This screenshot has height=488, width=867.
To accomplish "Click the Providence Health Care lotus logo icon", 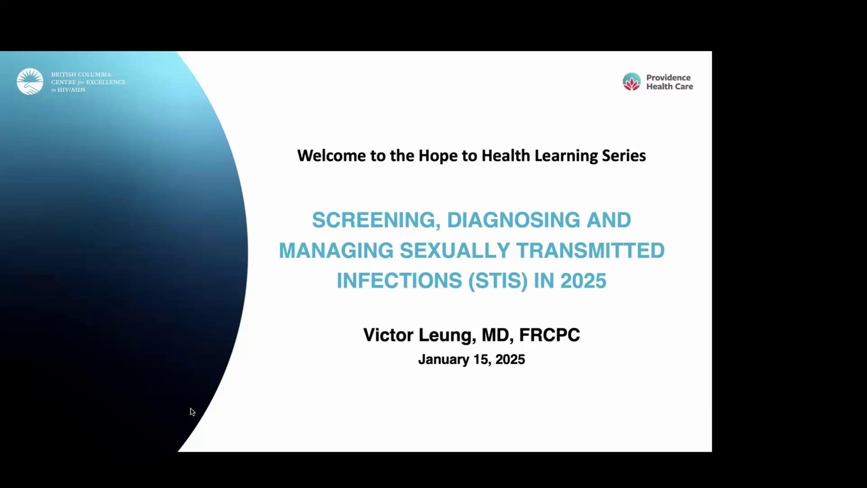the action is coord(632,82).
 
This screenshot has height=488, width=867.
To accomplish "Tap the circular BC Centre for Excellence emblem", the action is coord(30,81).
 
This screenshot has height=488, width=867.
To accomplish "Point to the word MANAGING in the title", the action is coord(336,251).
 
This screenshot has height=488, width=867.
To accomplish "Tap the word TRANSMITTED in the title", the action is coord(591,251).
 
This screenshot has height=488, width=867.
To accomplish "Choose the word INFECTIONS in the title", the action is coord(399,281).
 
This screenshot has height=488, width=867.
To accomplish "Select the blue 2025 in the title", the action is coord(583,281).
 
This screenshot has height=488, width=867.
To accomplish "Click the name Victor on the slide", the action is coord(388,335).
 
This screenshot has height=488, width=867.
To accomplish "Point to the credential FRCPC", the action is coord(550,335).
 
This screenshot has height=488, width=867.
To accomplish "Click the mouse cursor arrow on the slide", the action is coord(192,412).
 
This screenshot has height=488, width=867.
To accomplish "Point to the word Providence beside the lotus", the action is coord(668,78).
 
